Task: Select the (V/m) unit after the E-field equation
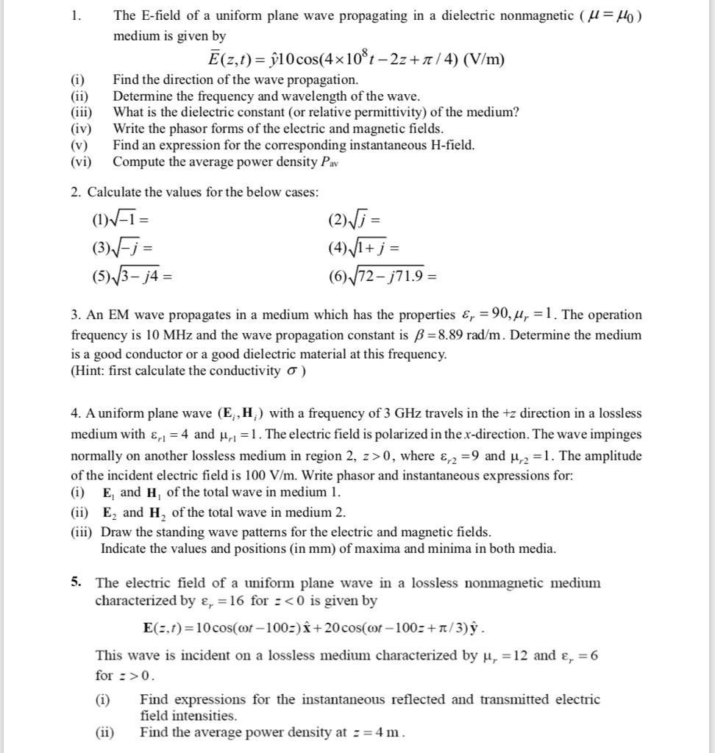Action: click(x=483, y=60)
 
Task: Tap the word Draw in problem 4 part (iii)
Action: click(x=115, y=531)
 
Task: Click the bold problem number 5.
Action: click(x=76, y=582)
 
